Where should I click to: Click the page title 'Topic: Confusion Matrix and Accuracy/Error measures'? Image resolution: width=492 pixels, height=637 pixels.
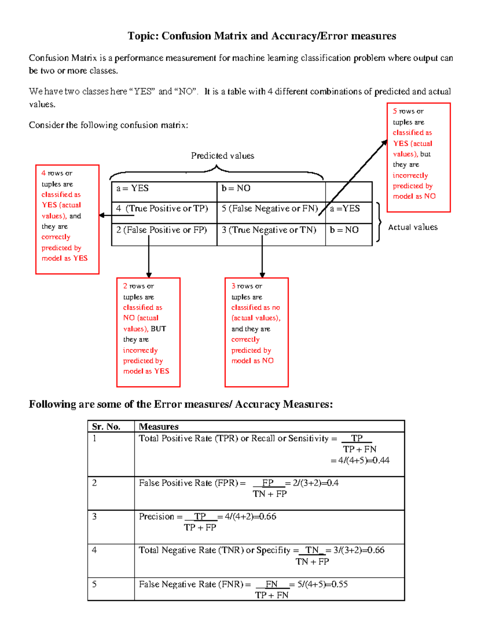(262, 36)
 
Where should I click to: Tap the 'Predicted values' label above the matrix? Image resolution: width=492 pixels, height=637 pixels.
(222, 156)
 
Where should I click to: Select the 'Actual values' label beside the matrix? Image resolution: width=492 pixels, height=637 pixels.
(412, 227)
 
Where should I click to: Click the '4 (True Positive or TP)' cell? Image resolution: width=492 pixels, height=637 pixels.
(162, 209)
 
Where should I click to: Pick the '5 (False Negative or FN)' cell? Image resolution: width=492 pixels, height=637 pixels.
(270, 209)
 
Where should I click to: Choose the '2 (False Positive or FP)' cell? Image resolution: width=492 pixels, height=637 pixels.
(162, 230)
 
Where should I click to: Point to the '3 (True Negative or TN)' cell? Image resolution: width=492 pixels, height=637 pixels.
(269, 230)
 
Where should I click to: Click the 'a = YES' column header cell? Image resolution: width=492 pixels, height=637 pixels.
(132, 188)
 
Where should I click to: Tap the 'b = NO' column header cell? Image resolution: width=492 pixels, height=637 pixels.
(236, 188)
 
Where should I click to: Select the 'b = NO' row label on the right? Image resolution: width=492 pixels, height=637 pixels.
(344, 230)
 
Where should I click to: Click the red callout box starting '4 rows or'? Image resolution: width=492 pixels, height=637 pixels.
(67, 219)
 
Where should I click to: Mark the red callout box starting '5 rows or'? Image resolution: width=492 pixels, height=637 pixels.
(419, 157)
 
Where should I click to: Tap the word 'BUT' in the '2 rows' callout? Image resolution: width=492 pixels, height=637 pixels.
(158, 329)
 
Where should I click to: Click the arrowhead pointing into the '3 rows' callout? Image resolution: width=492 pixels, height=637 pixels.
(262, 275)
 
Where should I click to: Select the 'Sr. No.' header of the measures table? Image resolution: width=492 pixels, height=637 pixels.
(106, 427)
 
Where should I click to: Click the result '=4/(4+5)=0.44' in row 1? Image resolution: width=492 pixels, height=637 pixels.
(360, 461)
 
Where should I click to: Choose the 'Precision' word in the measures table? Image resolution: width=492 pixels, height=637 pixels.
(156, 517)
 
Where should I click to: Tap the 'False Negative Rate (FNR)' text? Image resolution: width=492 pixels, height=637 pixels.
(191, 584)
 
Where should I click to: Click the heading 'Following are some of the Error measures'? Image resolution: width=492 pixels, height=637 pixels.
(180, 404)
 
